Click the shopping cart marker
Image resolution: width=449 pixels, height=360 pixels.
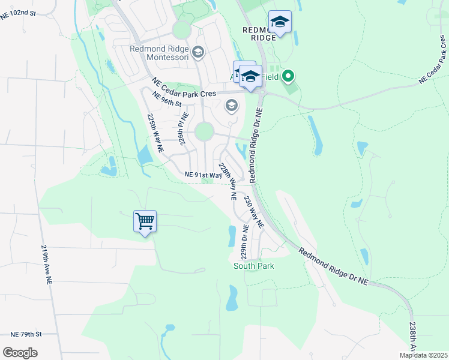click(x=145, y=221)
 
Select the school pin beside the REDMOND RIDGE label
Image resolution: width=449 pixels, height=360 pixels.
click(x=280, y=23)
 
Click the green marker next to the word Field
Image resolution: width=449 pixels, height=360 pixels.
click(x=288, y=76)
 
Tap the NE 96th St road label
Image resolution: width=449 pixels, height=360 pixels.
click(x=166, y=99)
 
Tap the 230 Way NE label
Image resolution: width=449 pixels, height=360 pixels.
click(x=253, y=211)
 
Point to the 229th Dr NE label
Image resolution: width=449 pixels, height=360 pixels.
click(x=245, y=242)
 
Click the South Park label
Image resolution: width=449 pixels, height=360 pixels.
click(x=253, y=266)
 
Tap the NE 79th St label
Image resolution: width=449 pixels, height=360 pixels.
click(x=25, y=334)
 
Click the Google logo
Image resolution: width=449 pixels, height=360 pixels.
click(x=20, y=353)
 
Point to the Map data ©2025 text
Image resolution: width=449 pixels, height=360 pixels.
click(x=423, y=355)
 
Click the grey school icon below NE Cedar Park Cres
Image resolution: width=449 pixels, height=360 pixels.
click(x=231, y=106)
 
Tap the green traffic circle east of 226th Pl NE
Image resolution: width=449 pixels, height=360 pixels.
click(x=204, y=131)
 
